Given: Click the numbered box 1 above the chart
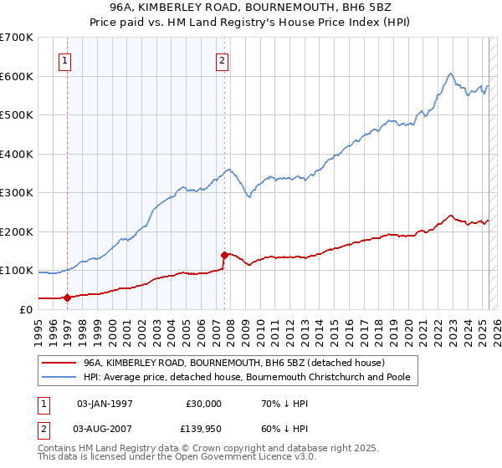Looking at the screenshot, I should (65, 59).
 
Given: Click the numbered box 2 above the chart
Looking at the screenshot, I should (223, 59).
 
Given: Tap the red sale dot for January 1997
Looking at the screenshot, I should (67, 297).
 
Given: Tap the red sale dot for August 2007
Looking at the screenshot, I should (224, 254).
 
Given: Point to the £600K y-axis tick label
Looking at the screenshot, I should (17, 76).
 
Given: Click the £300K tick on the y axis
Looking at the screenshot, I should (17, 192).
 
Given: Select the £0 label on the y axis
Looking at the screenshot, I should (26, 309).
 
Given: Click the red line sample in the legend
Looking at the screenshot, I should (59, 363).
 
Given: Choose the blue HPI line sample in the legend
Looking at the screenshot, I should (59, 378).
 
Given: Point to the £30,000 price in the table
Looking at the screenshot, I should (204, 403).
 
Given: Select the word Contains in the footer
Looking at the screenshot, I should (58, 449).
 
